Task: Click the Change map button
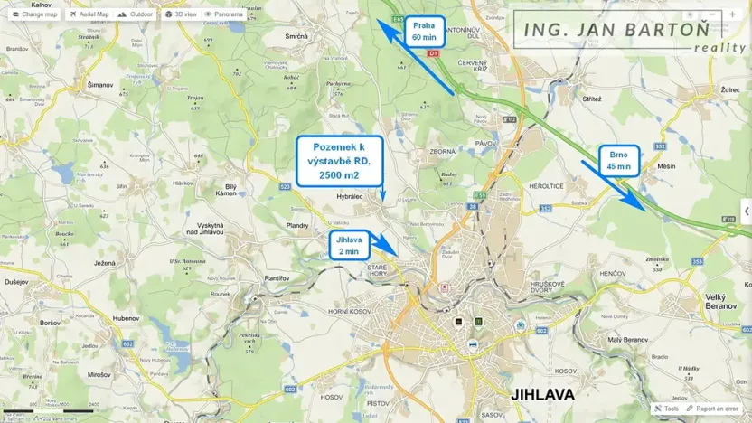click(34, 14)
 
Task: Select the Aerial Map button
click(89, 14)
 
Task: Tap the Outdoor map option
click(136, 14)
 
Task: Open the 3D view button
click(181, 14)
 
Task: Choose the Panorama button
click(224, 14)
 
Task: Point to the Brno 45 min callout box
click(619, 161)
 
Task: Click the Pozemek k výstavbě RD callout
click(339, 159)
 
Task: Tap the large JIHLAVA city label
click(543, 394)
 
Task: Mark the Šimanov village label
click(100, 85)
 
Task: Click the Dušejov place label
click(16, 282)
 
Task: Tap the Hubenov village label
click(127, 318)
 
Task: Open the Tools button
click(667, 409)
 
